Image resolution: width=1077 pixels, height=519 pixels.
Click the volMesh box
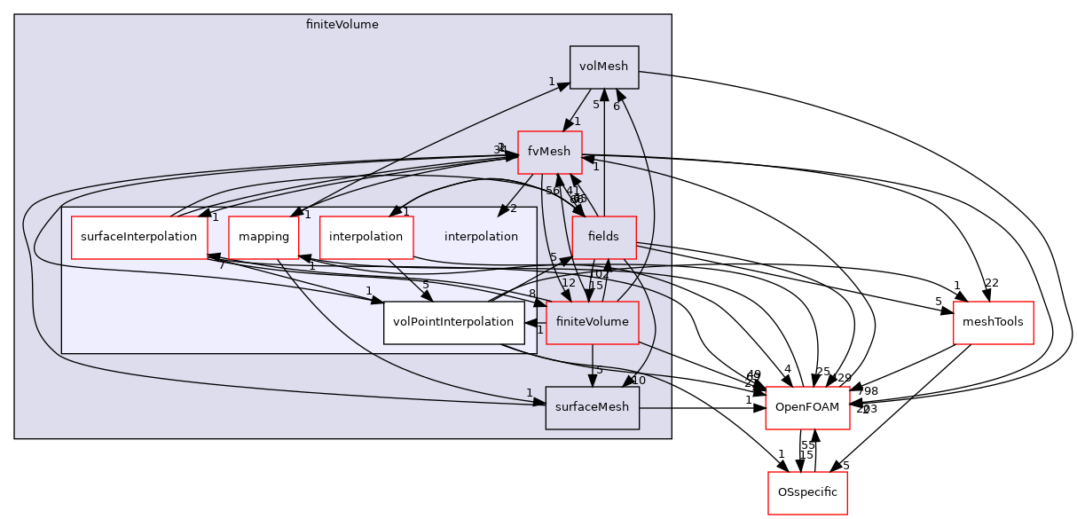coord(604,67)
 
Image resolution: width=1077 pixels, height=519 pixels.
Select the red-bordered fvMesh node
coord(549,152)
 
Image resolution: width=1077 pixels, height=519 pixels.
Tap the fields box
coord(603,237)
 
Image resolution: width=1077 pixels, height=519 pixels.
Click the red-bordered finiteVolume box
coord(592,322)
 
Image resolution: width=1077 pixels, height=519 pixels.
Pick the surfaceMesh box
coord(592,407)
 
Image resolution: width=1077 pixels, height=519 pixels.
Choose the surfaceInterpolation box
coord(138,237)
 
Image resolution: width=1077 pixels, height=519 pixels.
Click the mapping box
coord(263,237)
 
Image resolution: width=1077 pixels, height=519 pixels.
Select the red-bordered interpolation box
coord(366,237)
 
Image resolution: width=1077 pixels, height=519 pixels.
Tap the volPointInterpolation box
coord(453,322)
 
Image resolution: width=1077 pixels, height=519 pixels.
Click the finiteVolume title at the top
coord(342,25)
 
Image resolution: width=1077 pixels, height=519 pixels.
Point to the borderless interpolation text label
coord(481,237)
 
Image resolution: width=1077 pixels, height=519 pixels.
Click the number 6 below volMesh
coord(616,106)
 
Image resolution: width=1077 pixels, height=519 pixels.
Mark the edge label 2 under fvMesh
coord(513,208)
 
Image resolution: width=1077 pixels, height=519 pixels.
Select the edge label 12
coord(569,283)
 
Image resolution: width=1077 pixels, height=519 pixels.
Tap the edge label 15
coord(595,286)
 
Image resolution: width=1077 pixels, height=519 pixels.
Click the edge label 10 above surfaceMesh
coord(638,381)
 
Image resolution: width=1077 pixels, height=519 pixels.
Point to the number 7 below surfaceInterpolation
coord(222,265)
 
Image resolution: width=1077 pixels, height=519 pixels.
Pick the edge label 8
coord(531,294)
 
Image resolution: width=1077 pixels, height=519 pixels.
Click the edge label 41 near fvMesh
coord(572,191)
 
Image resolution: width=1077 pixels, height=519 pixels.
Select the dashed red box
coord(807,408)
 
